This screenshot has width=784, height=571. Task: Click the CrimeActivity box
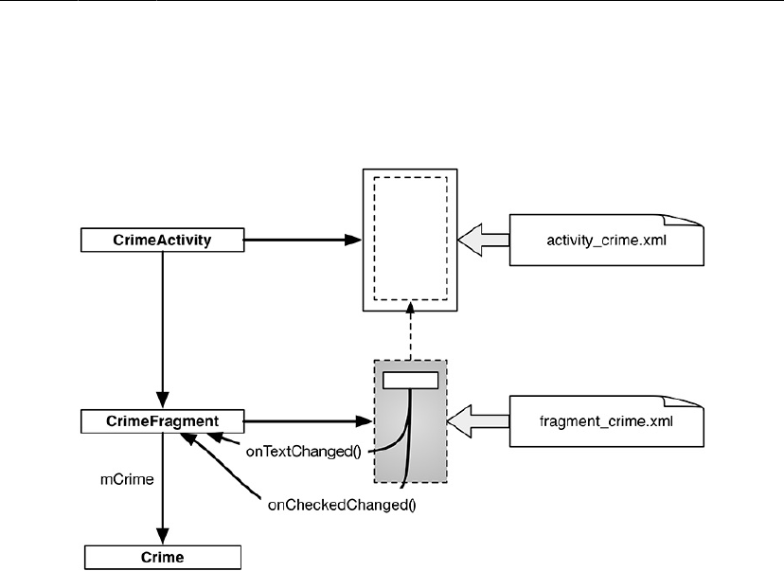pos(163,241)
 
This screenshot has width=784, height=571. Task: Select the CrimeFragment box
pos(163,420)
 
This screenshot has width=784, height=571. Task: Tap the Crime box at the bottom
pos(163,557)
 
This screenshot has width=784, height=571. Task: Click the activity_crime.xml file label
pos(600,241)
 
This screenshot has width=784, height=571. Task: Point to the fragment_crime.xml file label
pos(600,420)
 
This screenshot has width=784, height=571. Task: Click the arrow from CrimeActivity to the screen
pos(303,241)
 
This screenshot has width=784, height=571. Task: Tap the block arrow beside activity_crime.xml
pos(483,241)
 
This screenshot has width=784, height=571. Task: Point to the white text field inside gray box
pos(410,380)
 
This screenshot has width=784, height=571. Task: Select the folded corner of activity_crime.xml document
pos(697,220)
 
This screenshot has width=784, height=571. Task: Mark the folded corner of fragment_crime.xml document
pos(697,400)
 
